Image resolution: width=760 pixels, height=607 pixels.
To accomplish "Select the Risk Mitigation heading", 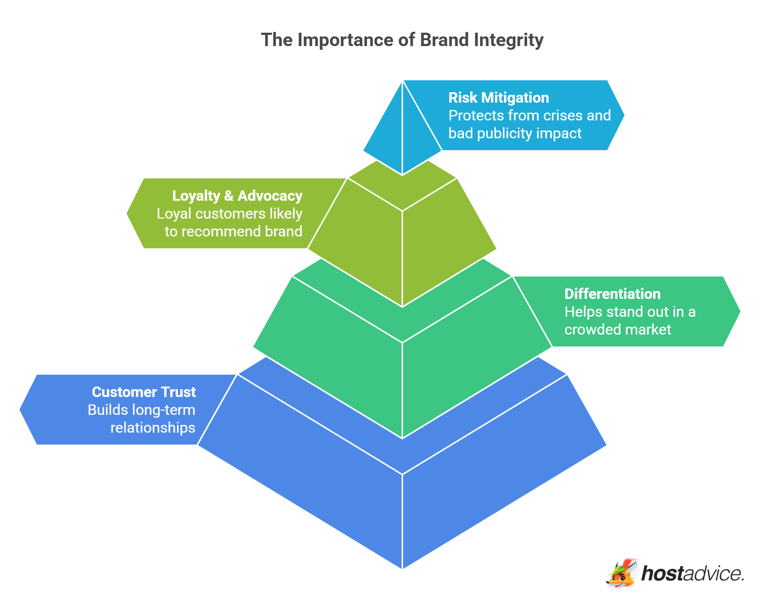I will [498, 98].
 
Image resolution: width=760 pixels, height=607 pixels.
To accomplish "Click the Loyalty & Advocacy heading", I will [237, 196].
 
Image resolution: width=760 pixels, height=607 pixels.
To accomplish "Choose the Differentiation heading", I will [612, 294].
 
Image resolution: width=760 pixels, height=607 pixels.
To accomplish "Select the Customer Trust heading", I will [144, 392].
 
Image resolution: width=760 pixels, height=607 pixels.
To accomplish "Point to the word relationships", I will [152, 428].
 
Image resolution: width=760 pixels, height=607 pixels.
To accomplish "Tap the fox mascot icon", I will [622, 574].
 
